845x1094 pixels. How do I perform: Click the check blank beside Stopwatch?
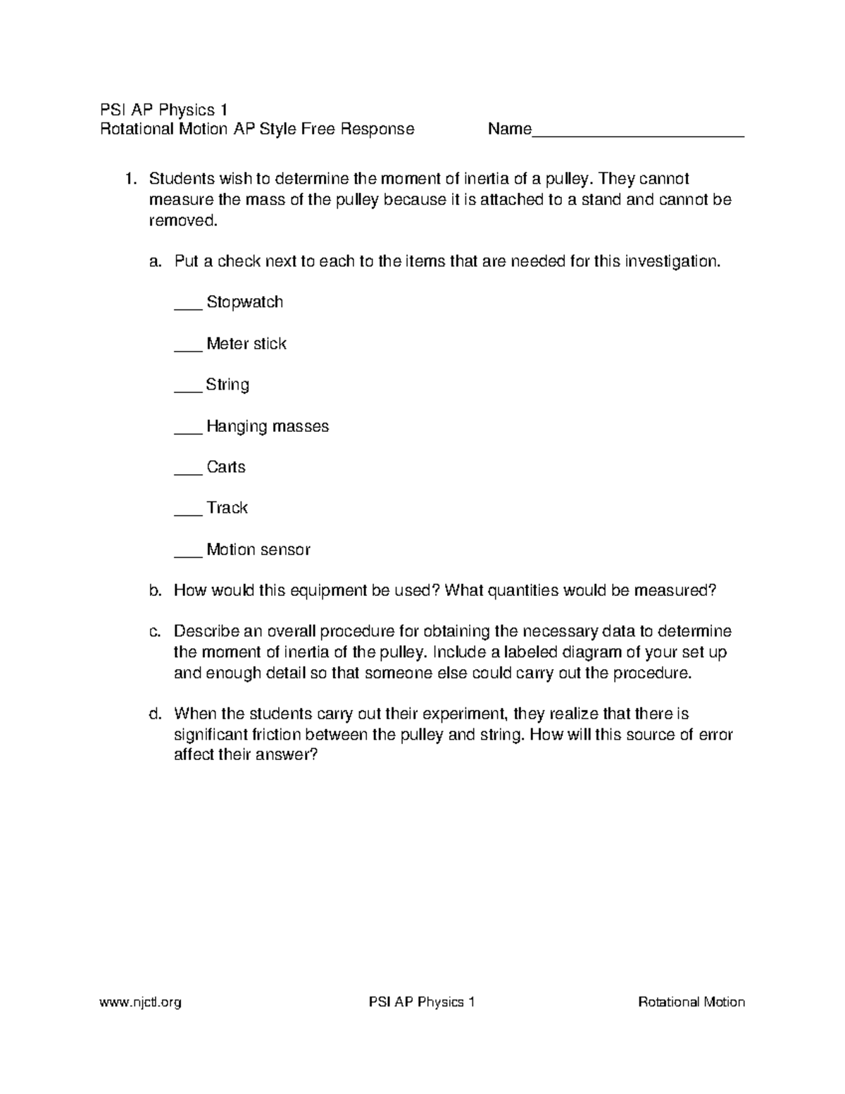pyautogui.click(x=187, y=307)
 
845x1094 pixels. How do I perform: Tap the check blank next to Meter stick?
pyautogui.click(x=187, y=349)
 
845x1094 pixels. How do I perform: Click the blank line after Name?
pyautogui.click(x=638, y=134)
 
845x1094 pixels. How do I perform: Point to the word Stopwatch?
pyautogui.click(x=244, y=302)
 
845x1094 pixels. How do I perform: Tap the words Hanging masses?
pyautogui.click(x=268, y=426)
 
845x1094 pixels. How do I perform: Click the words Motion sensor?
pyautogui.click(x=258, y=549)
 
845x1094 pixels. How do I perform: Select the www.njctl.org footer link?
pyautogui.click(x=141, y=1002)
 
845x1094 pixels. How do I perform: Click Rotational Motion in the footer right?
pyautogui.click(x=691, y=1002)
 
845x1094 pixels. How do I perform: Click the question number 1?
pyautogui.click(x=130, y=179)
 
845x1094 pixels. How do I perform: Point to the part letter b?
pyautogui.click(x=155, y=590)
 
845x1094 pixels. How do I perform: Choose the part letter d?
pyautogui.click(x=155, y=714)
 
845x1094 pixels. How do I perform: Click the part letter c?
pyautogui.click(x=155, y=631)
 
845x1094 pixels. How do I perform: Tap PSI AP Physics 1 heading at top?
pyautogui.click(x=163, y=109)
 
